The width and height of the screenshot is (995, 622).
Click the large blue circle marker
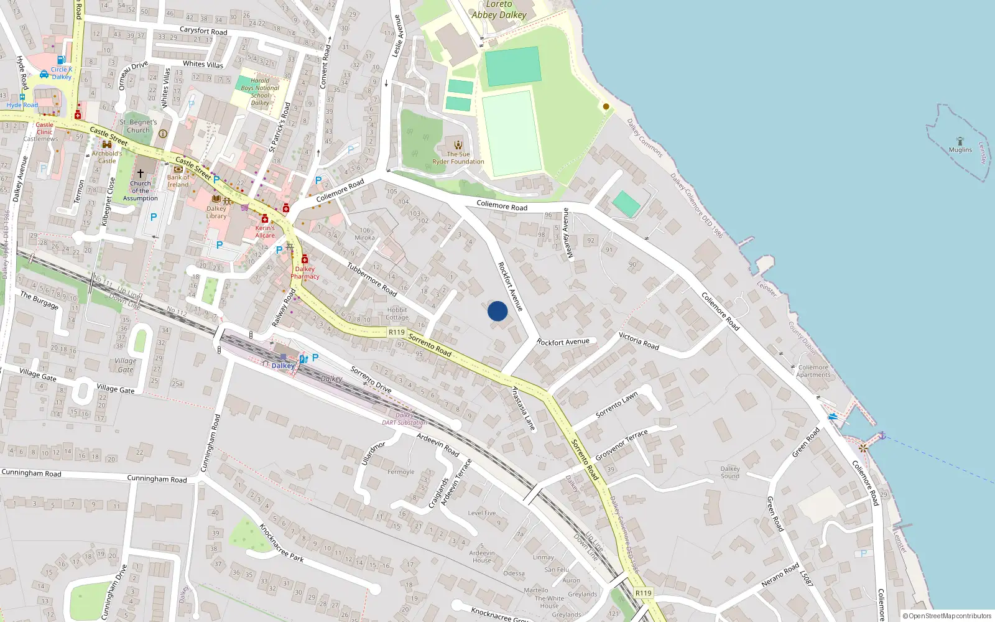pos(497,311)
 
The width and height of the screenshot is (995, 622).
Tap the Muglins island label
pos(960,150)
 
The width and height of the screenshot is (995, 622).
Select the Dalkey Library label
pos(216,212)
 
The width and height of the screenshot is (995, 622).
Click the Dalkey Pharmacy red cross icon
pos(305,259)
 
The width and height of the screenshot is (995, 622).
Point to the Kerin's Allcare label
pos(265,231)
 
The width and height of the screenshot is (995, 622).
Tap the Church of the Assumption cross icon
pos(141,173)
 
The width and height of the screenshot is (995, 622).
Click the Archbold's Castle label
pos(107,157)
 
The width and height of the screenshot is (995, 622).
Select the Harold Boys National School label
pos(260,91)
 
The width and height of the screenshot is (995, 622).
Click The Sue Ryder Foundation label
pos(458,158)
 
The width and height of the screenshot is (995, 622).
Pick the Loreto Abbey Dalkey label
pos(499,10)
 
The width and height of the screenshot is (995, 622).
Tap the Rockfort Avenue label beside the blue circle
pos(511,286)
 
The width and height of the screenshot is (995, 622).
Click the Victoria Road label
pos(639,341)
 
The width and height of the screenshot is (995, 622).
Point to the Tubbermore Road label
pos(372,279)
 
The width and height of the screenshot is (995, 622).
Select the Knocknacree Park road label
pos(281,542)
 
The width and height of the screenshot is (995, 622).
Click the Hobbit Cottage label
pos(397,313)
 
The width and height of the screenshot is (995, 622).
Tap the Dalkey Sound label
pos(730,472)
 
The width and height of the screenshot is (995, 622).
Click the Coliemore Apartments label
pos(813,371)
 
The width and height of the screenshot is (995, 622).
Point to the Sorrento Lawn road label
pos(617,405)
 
